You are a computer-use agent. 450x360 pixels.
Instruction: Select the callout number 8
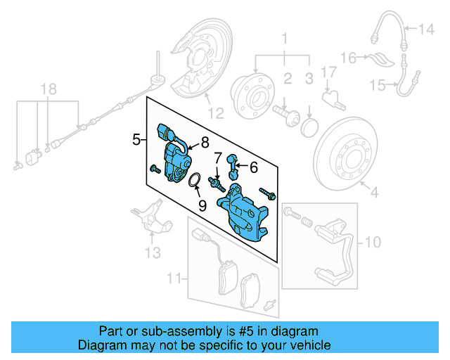205,143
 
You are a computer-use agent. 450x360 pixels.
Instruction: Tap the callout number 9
202,205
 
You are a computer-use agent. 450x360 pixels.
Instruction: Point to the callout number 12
215,112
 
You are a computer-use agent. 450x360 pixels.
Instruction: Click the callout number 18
47,89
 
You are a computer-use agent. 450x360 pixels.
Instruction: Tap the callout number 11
174,279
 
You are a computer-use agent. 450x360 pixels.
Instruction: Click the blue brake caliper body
242,211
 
